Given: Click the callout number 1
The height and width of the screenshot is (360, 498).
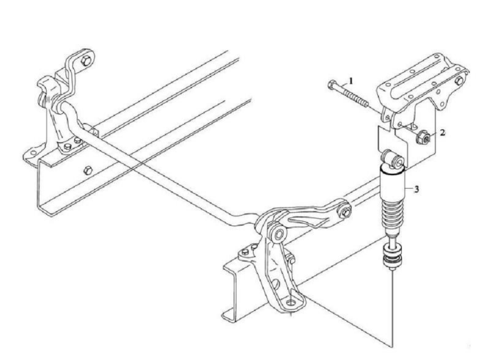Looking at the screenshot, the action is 351,81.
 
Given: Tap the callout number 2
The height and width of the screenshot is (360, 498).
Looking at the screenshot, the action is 442,133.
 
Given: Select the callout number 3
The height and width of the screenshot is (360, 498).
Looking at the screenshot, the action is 416,190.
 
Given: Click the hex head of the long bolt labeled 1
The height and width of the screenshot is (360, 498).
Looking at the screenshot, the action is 331,85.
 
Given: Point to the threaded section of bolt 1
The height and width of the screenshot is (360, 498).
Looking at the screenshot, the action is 356,99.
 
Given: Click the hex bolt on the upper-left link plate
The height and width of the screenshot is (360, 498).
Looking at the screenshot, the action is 86,61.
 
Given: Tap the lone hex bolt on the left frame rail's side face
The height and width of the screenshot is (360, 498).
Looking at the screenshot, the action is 88,170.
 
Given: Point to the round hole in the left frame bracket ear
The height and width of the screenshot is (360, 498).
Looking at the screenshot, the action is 33,153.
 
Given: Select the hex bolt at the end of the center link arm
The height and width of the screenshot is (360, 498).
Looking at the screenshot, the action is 344,213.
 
